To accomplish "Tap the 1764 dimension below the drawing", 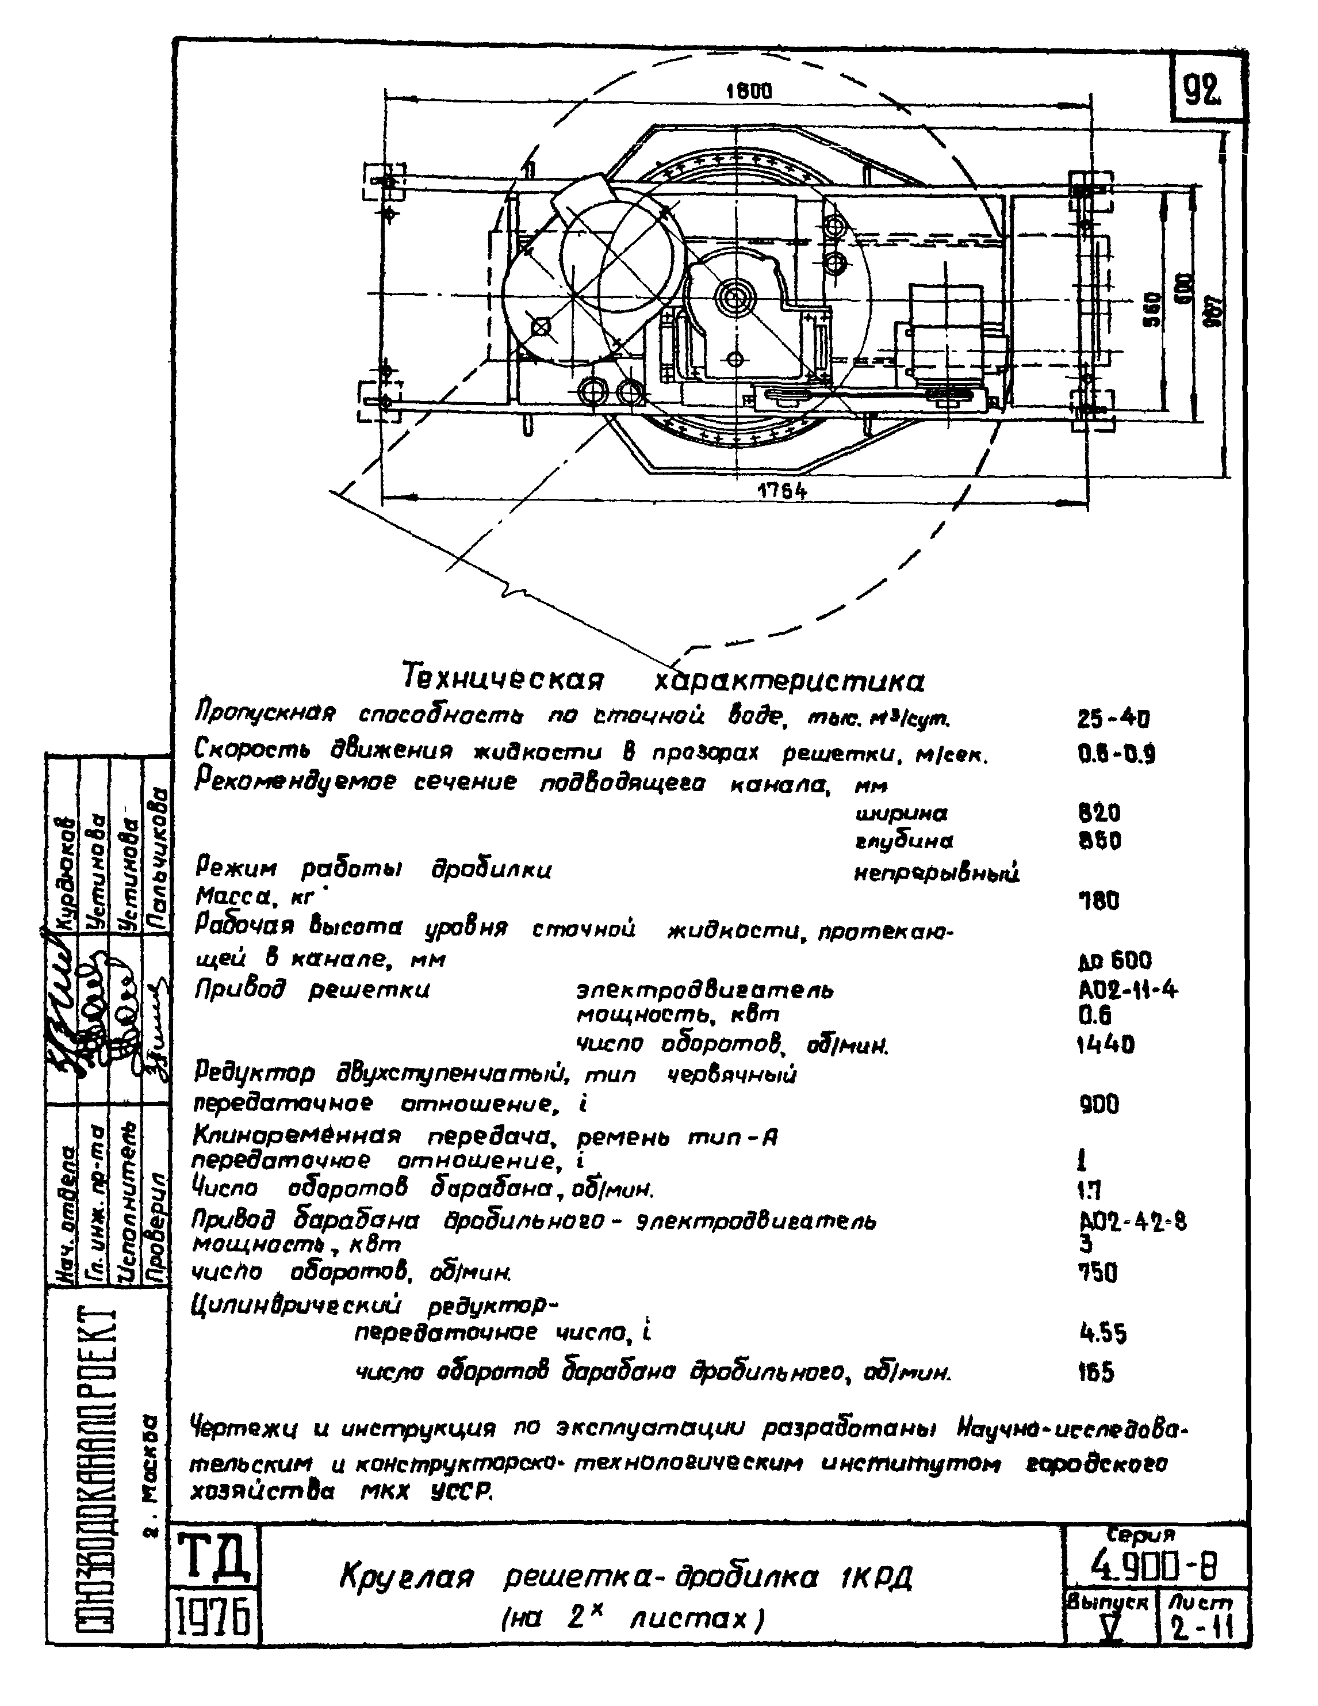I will (x=781, y=491).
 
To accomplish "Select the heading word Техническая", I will (x=503, y=677).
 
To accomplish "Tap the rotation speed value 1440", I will (x=1104, y=1044).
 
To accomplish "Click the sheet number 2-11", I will (x=1200, y=1629).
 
